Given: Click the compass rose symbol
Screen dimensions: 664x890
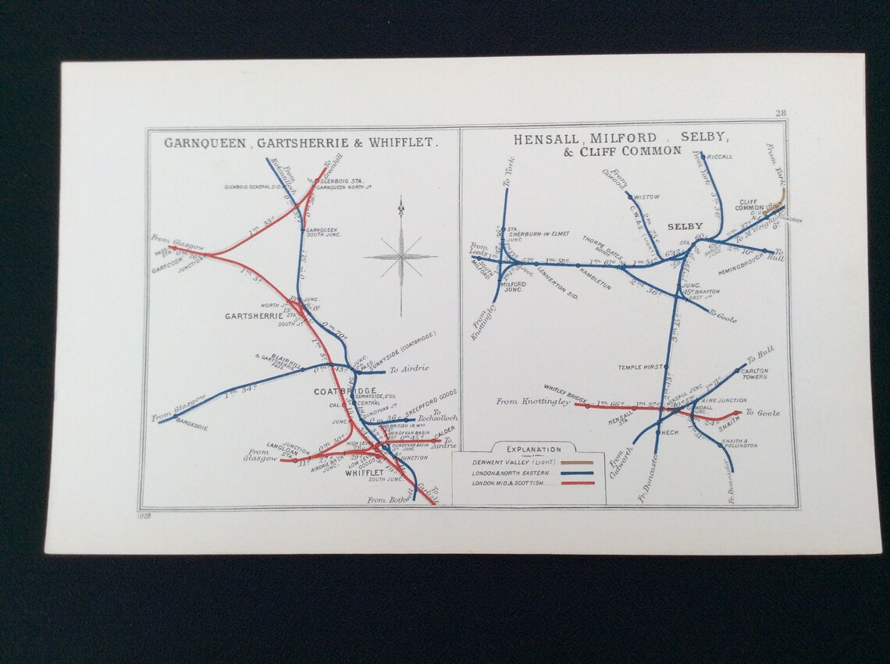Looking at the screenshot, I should point(400,255).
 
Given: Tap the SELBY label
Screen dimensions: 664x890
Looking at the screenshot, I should point(685,226).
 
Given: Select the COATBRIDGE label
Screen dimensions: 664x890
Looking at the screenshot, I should point(345,391).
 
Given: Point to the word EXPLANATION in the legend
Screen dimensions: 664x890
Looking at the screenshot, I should point(533,449).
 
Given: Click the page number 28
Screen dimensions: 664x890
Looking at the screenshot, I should point(780,113).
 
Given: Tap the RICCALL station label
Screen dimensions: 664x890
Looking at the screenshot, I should point(721,157).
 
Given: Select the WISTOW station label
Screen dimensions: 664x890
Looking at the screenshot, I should point(647,197).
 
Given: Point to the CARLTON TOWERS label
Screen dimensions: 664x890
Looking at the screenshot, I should point(756,374).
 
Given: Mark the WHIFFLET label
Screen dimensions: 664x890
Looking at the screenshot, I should point(364,473).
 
